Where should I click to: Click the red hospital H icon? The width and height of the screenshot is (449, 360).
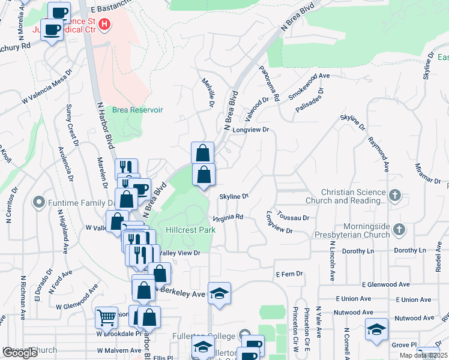(105, 25)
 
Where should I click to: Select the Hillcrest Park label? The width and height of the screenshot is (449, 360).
(182, 229)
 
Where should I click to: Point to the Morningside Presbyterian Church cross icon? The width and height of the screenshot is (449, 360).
(400, 230)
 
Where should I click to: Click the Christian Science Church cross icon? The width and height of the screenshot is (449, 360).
(394, 196)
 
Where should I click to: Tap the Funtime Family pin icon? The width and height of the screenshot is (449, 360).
(40, 202)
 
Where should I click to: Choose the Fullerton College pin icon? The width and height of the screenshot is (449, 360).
(244, 335)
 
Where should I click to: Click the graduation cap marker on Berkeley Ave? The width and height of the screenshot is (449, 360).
(220, 293)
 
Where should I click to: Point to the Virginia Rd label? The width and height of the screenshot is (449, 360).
(228, 217)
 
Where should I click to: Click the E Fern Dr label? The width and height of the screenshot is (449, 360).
(290, 274)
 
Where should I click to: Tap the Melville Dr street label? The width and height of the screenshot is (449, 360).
(208, 93)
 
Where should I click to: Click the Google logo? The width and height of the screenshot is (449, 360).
(20, 353)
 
